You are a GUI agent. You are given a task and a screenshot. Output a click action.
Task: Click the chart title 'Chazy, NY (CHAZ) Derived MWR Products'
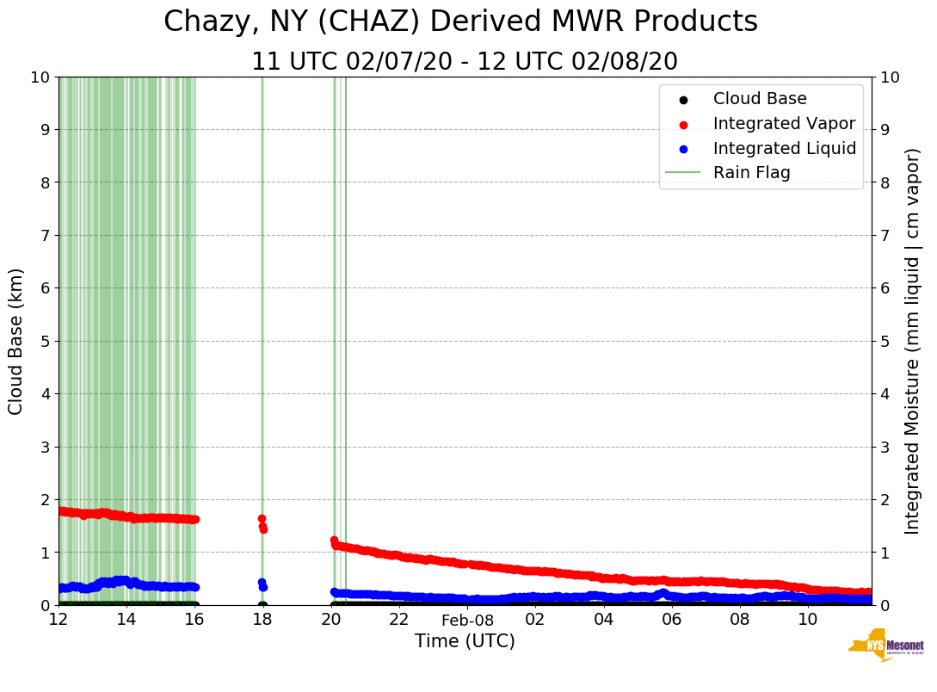pos(460,22)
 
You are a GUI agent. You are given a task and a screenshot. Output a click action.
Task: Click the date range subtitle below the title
pos(464,62)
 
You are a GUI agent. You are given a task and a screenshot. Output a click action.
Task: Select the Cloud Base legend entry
pos(760,99)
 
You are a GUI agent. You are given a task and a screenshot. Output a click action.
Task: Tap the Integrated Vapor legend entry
pos(784,123)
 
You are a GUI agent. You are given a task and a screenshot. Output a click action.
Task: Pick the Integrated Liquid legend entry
pos(784,148)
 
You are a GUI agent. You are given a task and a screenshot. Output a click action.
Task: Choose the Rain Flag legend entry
pos(751,172)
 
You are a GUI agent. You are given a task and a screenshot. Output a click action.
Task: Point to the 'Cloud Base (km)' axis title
pos(16,341)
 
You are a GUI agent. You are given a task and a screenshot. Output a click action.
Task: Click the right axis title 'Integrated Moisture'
pos(912,341)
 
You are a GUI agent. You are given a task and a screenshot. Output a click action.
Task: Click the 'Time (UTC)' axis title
pos(465,641)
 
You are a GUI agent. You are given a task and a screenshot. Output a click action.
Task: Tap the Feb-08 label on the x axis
pos(467,621)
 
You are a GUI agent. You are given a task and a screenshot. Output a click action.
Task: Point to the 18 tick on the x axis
pos(262,620)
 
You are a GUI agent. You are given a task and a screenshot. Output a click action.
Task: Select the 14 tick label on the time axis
pos(126,620)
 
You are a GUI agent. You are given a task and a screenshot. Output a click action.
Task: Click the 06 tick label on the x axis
pos(671,620)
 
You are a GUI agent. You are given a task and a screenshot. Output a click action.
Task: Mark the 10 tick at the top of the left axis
pos(40,77)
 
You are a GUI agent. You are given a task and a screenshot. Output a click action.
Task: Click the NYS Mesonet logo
pos(886,646)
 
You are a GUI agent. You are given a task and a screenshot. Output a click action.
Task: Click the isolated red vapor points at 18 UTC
pos(262,523)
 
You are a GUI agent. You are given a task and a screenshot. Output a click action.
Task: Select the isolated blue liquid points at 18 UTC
pos(262,584)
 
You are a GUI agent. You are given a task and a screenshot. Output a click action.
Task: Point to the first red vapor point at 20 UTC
pos(334,541)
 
